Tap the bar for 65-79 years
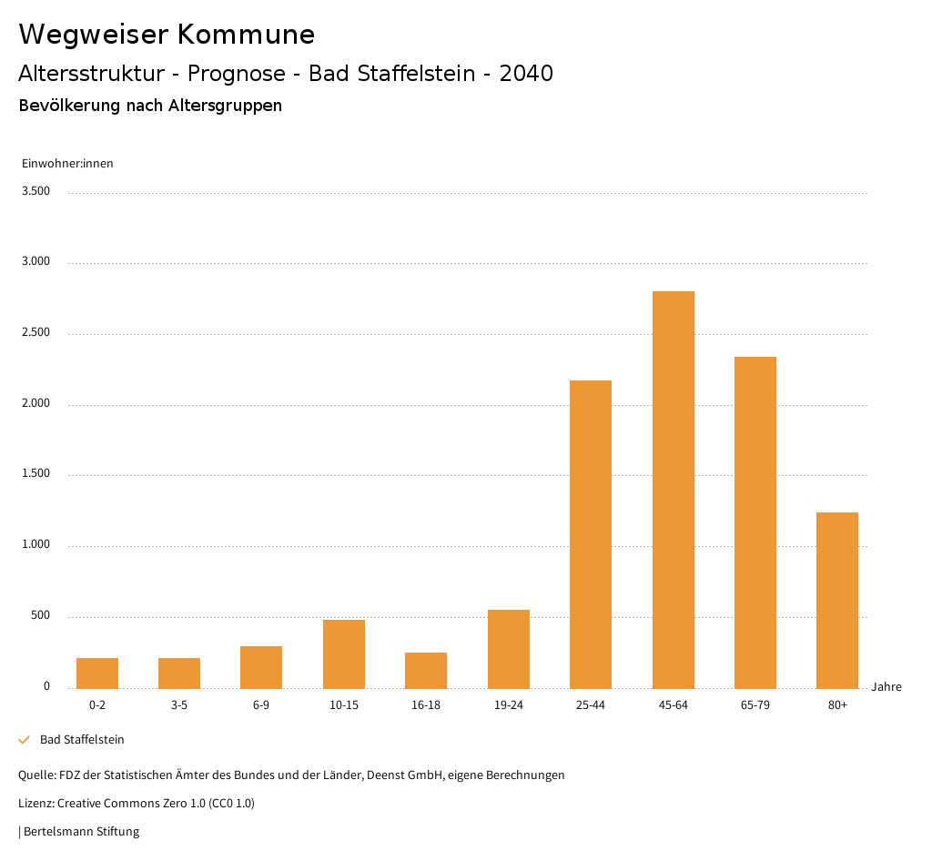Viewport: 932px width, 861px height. tap(755, 522)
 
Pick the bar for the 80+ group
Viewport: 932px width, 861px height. tap(837, 600)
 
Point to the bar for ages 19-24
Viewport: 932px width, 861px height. tap(509, 649)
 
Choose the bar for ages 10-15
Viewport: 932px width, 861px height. tap(344, 653)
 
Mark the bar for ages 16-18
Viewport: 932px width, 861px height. tap(426, 670)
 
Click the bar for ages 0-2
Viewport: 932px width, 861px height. tap(97, 673)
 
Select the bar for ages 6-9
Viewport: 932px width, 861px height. tap(261, 667)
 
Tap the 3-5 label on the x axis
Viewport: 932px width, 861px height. tap(179, 705)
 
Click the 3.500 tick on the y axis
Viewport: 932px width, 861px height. tap(35, 191)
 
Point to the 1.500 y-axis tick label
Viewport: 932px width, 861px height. tap(35, 474)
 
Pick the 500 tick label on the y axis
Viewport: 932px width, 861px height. tap(40, 616)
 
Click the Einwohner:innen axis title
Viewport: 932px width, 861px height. tap(67, 164)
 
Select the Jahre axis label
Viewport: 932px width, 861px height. tap(886, 687)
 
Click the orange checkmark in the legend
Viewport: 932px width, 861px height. tap(25, 740)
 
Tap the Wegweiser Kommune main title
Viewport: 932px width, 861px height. tap(167, 35)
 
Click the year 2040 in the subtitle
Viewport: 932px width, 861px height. tap(526, 74)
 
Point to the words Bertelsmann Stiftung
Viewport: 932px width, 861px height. tap(81, 831)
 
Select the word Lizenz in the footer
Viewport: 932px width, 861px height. tap(35, 804)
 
